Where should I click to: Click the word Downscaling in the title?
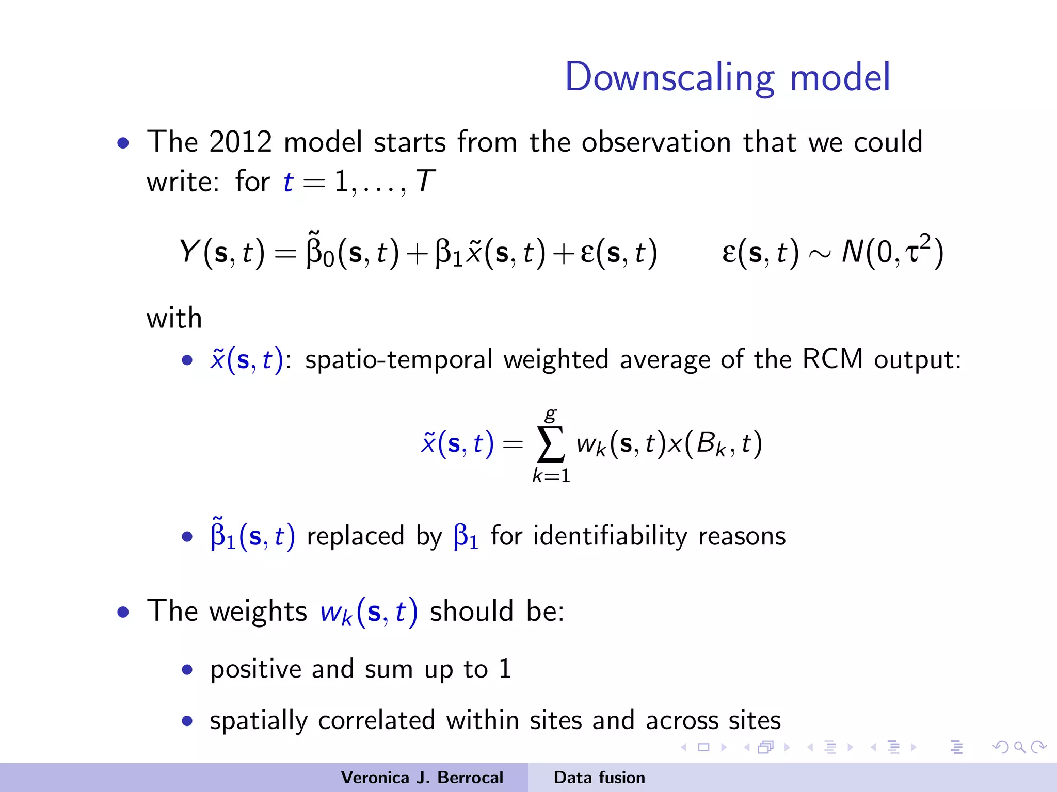(x=669, y=77)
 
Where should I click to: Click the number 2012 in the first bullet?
(x=241, y=142)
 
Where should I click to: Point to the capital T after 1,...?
(x=425, y=181)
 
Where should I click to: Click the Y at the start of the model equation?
(x=189, y=252)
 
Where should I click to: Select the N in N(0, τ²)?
(x=852, y=252)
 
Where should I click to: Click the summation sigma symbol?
(x=551, y=444)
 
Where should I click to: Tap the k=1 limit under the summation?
(x=551, y=475)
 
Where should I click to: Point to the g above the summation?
(x=551, y=414)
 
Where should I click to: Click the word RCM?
(x=832, y=359)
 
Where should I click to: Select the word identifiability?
(x=610, y=536)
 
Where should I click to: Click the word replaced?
(x=356, y=536)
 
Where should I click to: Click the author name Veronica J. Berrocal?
(x=422, y=778)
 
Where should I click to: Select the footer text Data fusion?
(x=599, y=778)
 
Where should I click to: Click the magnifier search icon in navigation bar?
(x=1019, y=747)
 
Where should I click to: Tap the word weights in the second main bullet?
(x=258, y=612)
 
